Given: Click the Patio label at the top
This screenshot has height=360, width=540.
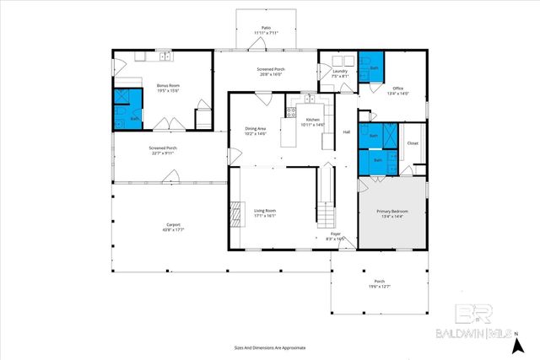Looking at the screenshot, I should [x=266, y=30].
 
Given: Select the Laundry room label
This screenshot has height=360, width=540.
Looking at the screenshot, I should [x=340, y=73].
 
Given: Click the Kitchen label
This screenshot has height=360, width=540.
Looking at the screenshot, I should [x=313, y=122].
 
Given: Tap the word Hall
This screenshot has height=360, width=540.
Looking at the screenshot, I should [x=346, y=132].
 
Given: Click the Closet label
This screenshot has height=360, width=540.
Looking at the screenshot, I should [x=413, y=143].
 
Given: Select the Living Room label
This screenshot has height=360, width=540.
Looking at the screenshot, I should [x=265, y=212].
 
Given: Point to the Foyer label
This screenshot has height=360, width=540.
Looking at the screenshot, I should [x=336, y=236].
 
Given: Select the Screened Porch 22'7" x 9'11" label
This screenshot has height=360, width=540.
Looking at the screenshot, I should [x=163, y=150].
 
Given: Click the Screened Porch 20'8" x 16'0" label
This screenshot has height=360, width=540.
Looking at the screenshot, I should [x=271, y=72].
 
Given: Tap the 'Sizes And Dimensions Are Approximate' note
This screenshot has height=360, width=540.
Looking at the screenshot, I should [x=269, y=347].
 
